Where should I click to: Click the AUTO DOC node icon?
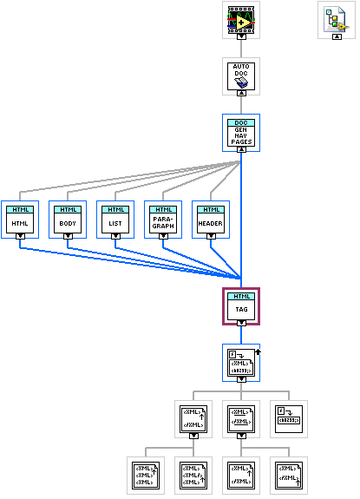pyautogui.click(x=241, y=76)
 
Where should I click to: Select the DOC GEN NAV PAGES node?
pyautogui.click(x=241, y=129)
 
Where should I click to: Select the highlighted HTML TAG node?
pyautogui.click(x=241, y=305)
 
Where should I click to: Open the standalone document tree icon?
pyautogui.click(x=335, y=18)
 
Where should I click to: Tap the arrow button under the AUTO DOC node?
pyautogui.click(x=241, y=95)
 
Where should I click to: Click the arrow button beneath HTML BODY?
pyautogui.click(x=67, y=235)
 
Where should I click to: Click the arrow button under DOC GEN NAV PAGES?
pyautogui.click(x=241, y=148)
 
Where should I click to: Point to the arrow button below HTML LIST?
pyautogui.click(x=115, y=235)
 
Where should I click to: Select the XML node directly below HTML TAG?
pyautogui.click(x=241, y=359)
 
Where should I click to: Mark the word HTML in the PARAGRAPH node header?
pyautogui.click(x=162, y=210)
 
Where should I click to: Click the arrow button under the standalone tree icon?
pyautogui.click(x=335, y=36)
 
